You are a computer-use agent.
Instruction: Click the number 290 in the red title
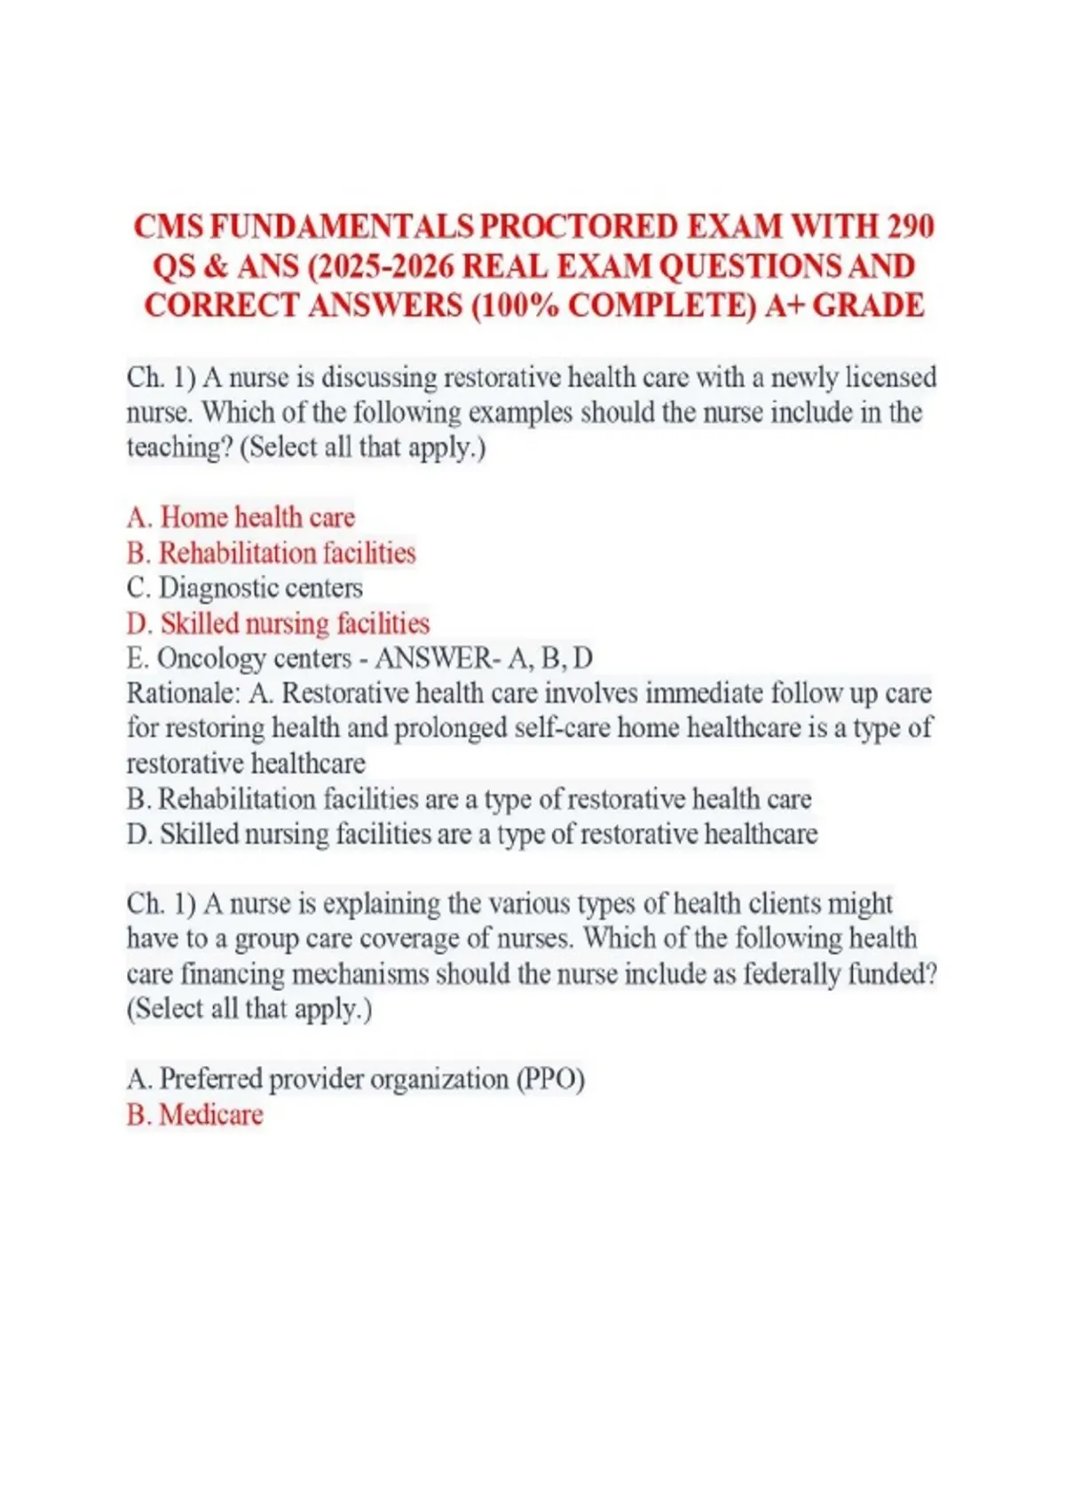[x=909, y=227]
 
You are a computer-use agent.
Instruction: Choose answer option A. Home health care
[x=241, y=517]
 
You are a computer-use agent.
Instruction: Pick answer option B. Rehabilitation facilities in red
[x=271, y=553]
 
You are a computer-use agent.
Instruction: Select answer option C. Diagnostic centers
[x=245, y=587]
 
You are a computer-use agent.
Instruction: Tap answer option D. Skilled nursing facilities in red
[x=278, y=623]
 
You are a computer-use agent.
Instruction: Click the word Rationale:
[x=183, y=693]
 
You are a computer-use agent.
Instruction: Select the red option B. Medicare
[x=195, y=1114]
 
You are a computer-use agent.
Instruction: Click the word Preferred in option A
[x=209, y=1079]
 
